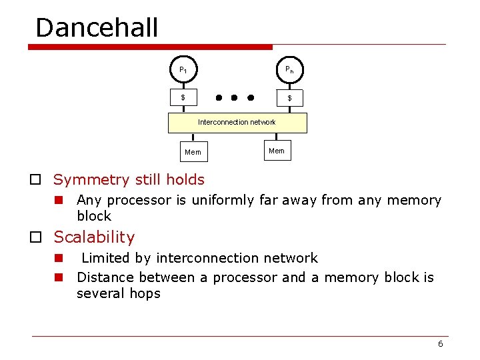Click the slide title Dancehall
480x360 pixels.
coord(97,28)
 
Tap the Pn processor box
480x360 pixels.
coord(289,69)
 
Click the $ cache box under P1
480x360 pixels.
coord(183,98)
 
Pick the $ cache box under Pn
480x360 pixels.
coord(289,98)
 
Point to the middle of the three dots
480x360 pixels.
coord(234,97)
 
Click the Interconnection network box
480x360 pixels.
coord(237,123)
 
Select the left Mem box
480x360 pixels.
coord(193,152)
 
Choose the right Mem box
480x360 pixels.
coord(276,151)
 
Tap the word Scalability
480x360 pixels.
coord(94,237)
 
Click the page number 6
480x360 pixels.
coord(440,344)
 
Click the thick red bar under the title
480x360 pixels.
coord(151,47)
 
